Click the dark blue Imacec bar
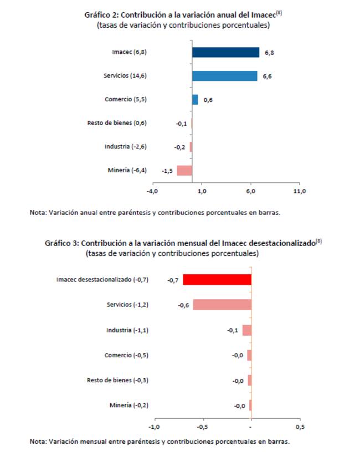tap(225, 53)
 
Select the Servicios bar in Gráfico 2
tap(225, 76)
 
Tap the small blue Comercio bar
tap(195, 100)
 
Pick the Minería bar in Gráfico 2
tap(184, 171)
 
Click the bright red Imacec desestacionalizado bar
tap(217, 280)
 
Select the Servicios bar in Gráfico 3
tap(223, 305)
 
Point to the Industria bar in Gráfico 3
tap(247, 330)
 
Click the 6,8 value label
tap(269, 53)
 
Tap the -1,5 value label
tap(167, 171)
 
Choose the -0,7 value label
tap(173, 280)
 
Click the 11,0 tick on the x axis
tap(300, 191)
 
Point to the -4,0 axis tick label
tap(152, 191)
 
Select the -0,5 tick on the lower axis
tap(202, 427)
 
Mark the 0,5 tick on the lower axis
tap(300, 427)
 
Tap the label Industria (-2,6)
tap(126, 146)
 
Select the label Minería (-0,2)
tap(129, 405)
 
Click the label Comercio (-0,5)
tap(126, 355)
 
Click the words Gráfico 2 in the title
tap(101, 15)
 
